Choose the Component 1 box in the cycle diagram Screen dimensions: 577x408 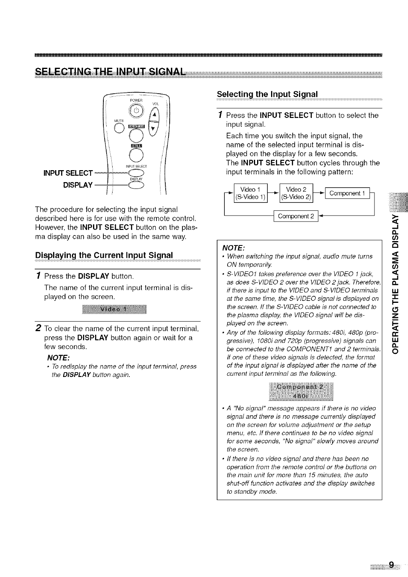(x=347, y=194)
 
